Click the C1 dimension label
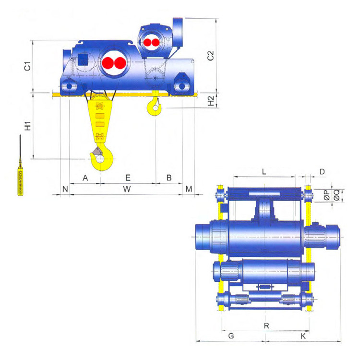(27, 66)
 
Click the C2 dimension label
(210, 56)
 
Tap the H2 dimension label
(211, 101)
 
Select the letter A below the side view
(85, 178)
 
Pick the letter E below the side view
(128, 178)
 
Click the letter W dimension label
(127, 189)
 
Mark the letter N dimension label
(65, 189)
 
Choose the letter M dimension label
(189, 189)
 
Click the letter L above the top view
(264, 171)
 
